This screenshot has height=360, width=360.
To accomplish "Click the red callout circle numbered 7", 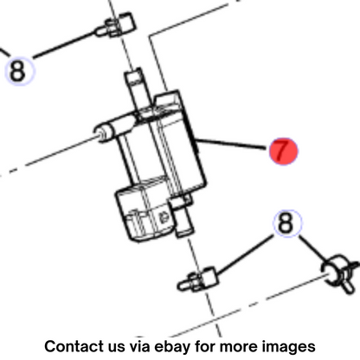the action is pos(284,151).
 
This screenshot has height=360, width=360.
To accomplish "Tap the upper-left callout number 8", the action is pos(18,71).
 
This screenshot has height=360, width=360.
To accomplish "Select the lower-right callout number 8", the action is pos(286,223).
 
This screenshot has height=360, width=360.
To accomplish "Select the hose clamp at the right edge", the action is pos(340,273).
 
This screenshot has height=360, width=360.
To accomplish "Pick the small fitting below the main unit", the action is pos(197,279).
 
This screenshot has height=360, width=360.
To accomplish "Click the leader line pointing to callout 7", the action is pos(232,145).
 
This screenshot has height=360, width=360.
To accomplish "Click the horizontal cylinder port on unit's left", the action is pos(114,128).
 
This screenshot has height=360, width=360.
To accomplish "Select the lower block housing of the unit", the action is pos(145,210).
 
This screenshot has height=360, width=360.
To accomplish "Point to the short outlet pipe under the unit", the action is pos(184,219).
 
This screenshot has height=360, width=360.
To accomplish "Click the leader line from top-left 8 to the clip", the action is pos(65,44).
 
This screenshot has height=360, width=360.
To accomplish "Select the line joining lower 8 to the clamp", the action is pos(313,248).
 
